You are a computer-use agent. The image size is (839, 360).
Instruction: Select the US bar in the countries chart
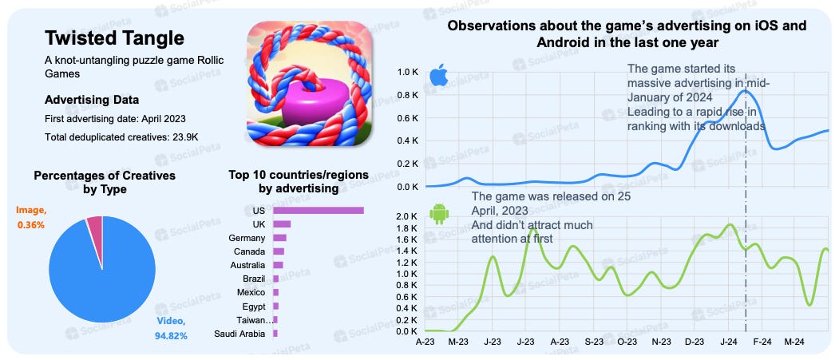319,211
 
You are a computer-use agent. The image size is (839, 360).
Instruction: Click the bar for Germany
279,238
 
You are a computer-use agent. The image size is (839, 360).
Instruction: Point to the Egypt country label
254,306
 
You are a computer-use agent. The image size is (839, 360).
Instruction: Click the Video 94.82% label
171,328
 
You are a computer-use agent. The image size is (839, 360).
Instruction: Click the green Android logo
438,215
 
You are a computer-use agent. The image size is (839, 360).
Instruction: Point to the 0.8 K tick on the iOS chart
408,96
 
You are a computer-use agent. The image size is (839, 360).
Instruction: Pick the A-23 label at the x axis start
425,341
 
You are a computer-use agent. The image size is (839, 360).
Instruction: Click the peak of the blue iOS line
746,91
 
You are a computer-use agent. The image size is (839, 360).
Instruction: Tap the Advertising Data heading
92,100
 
